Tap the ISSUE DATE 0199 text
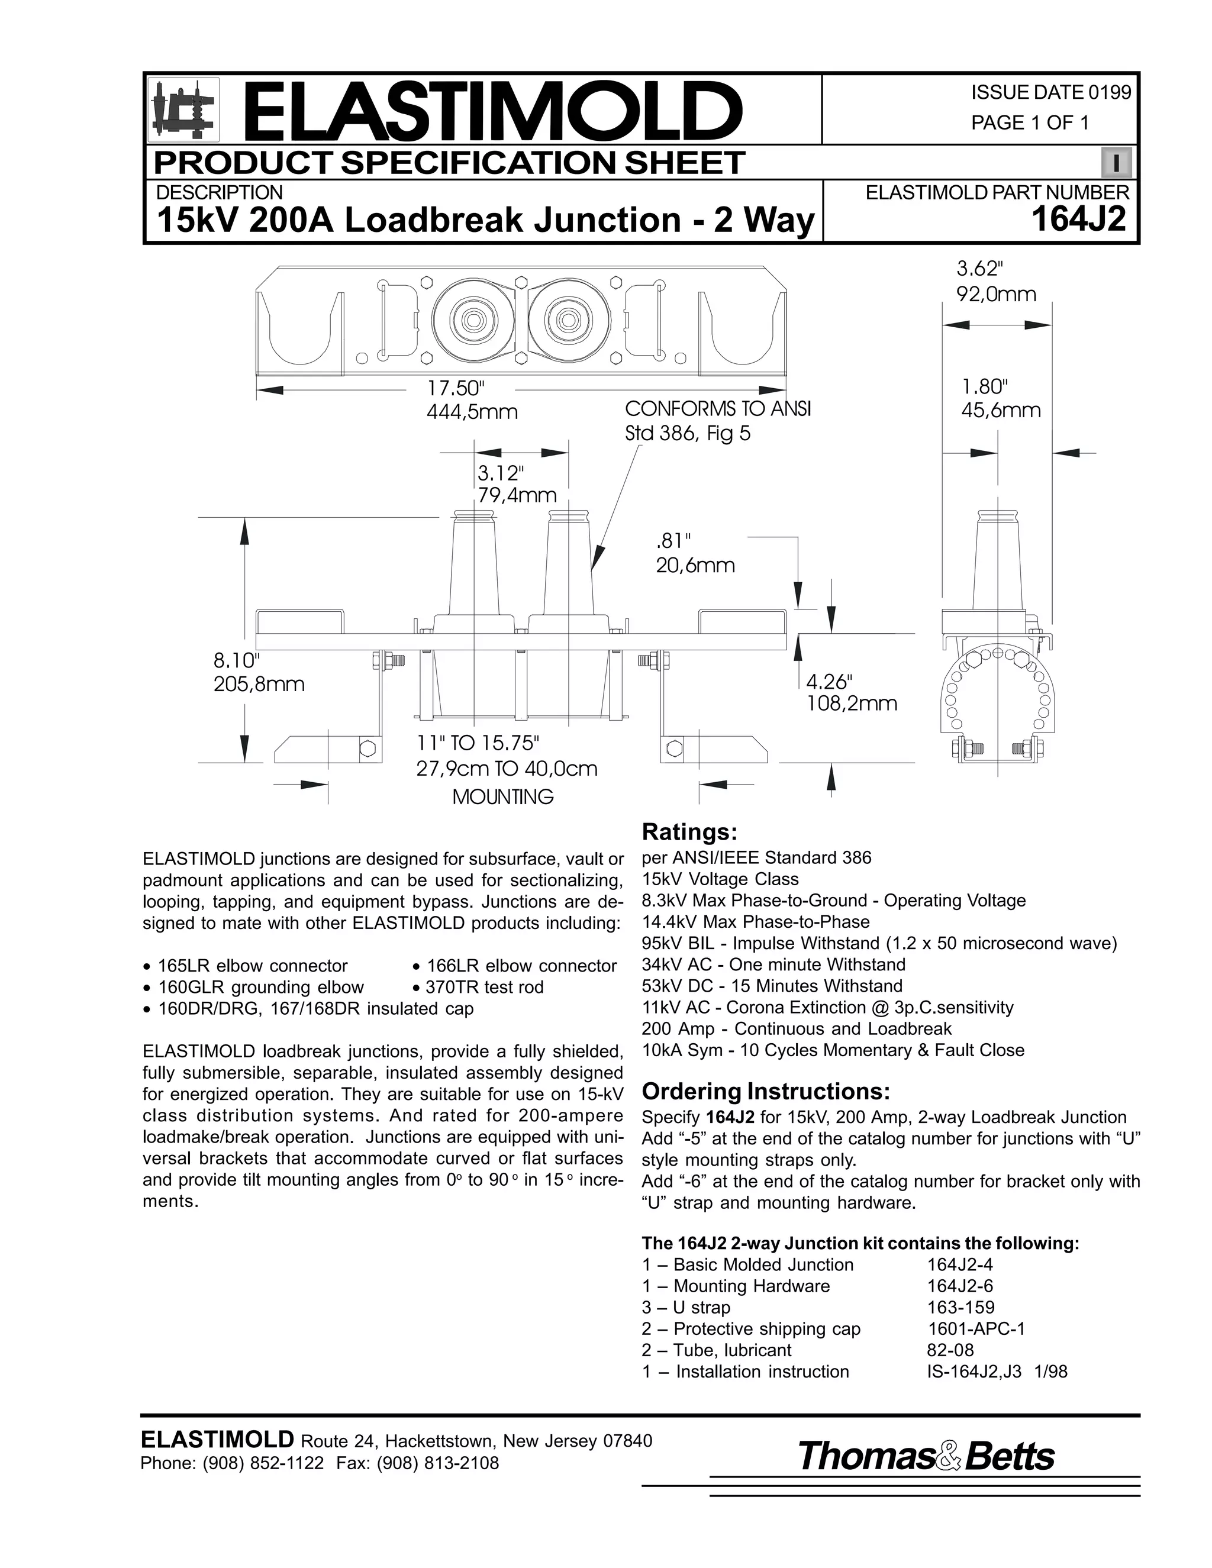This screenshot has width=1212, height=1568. click(x=1050, y=93)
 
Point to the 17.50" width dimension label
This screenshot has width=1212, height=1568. click(x=457, y=388)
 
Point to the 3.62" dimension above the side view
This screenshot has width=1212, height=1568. click(x=979, y=269)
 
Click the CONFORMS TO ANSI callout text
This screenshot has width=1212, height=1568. click(x=717, y=409)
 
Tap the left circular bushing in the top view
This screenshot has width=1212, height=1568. click(x=470, y=320)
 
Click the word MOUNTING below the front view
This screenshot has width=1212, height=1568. click(x=502, y=797)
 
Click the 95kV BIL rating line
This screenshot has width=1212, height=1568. click(x=879, y=943)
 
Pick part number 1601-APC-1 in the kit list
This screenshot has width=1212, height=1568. click(x=976, y=1329)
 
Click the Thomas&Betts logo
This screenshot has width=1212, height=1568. click(x=926, y=1457)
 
